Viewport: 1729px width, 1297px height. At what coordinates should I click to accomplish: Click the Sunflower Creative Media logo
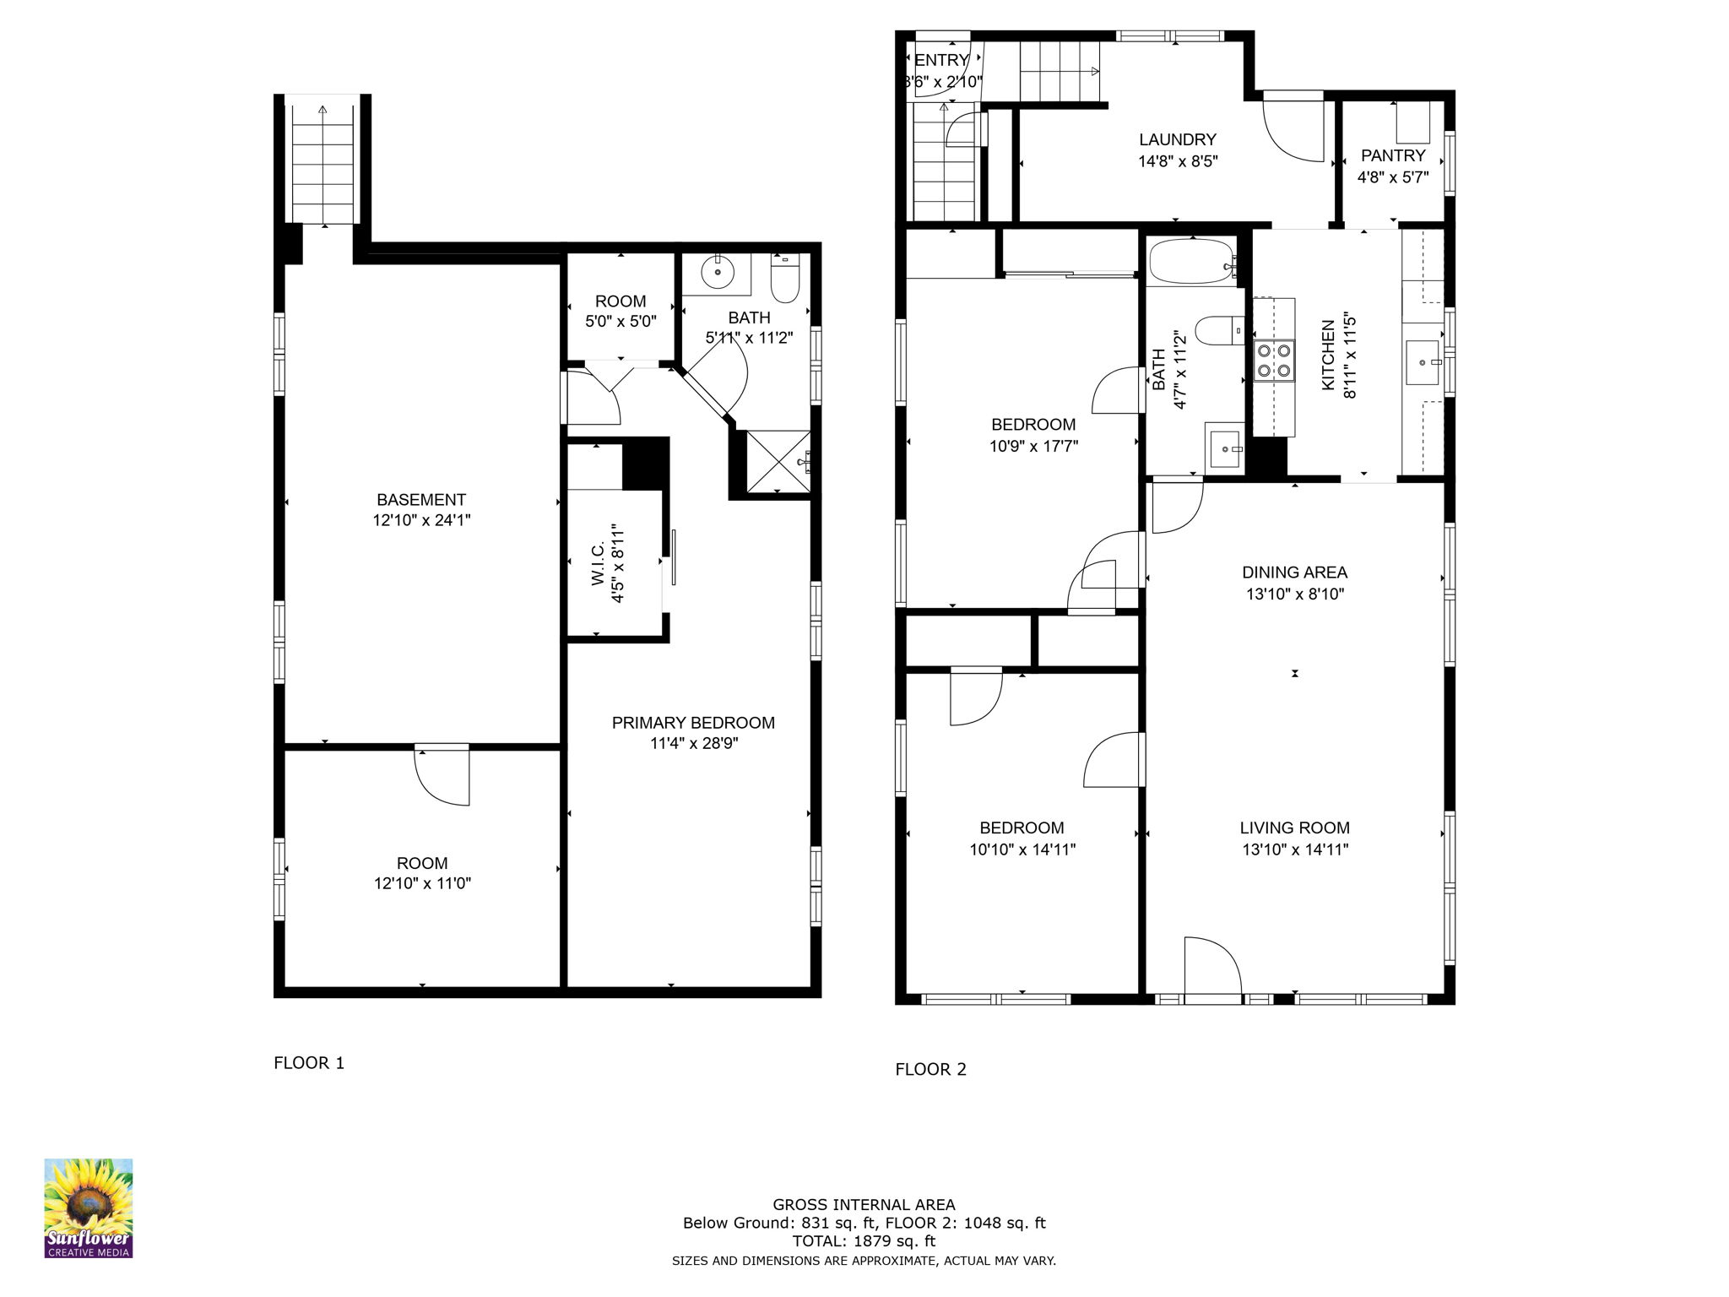pos(88,1207)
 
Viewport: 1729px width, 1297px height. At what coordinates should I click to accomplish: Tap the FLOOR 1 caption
pos(309,1063)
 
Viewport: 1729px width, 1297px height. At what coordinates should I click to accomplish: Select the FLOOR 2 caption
pos(930,1070)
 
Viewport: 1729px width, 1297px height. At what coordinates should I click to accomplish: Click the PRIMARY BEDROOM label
pos(693,723)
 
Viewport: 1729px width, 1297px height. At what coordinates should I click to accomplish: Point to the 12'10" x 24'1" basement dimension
pos(421,521)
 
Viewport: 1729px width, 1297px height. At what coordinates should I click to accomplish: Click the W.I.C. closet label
pos(599,564)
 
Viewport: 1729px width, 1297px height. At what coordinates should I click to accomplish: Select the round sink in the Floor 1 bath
pos(718,272)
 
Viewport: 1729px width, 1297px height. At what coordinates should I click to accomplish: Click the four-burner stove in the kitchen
pos(1273,360)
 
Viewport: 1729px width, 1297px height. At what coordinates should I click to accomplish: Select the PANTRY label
pos(1393,156)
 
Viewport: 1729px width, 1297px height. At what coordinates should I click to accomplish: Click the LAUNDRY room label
pos(1178,140)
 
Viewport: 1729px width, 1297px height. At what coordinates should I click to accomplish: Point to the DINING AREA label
pos(1294,573)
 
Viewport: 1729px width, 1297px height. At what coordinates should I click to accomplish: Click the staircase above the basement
pos(322,165)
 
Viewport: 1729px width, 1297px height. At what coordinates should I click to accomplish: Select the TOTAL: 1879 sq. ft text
pos(864,1241)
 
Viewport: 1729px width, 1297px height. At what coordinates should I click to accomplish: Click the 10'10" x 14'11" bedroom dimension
pos(1022,849)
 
